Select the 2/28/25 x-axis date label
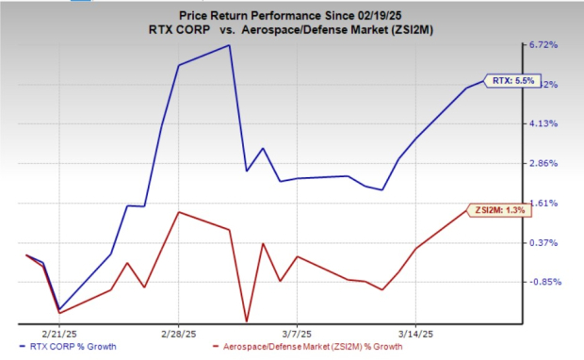178,334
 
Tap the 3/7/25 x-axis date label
297,334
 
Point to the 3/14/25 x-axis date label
415,334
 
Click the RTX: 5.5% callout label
512,81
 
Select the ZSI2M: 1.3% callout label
500,209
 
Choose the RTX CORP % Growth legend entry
70,348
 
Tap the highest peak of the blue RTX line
229,45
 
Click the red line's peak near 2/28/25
179,212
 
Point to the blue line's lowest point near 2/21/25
59,309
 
